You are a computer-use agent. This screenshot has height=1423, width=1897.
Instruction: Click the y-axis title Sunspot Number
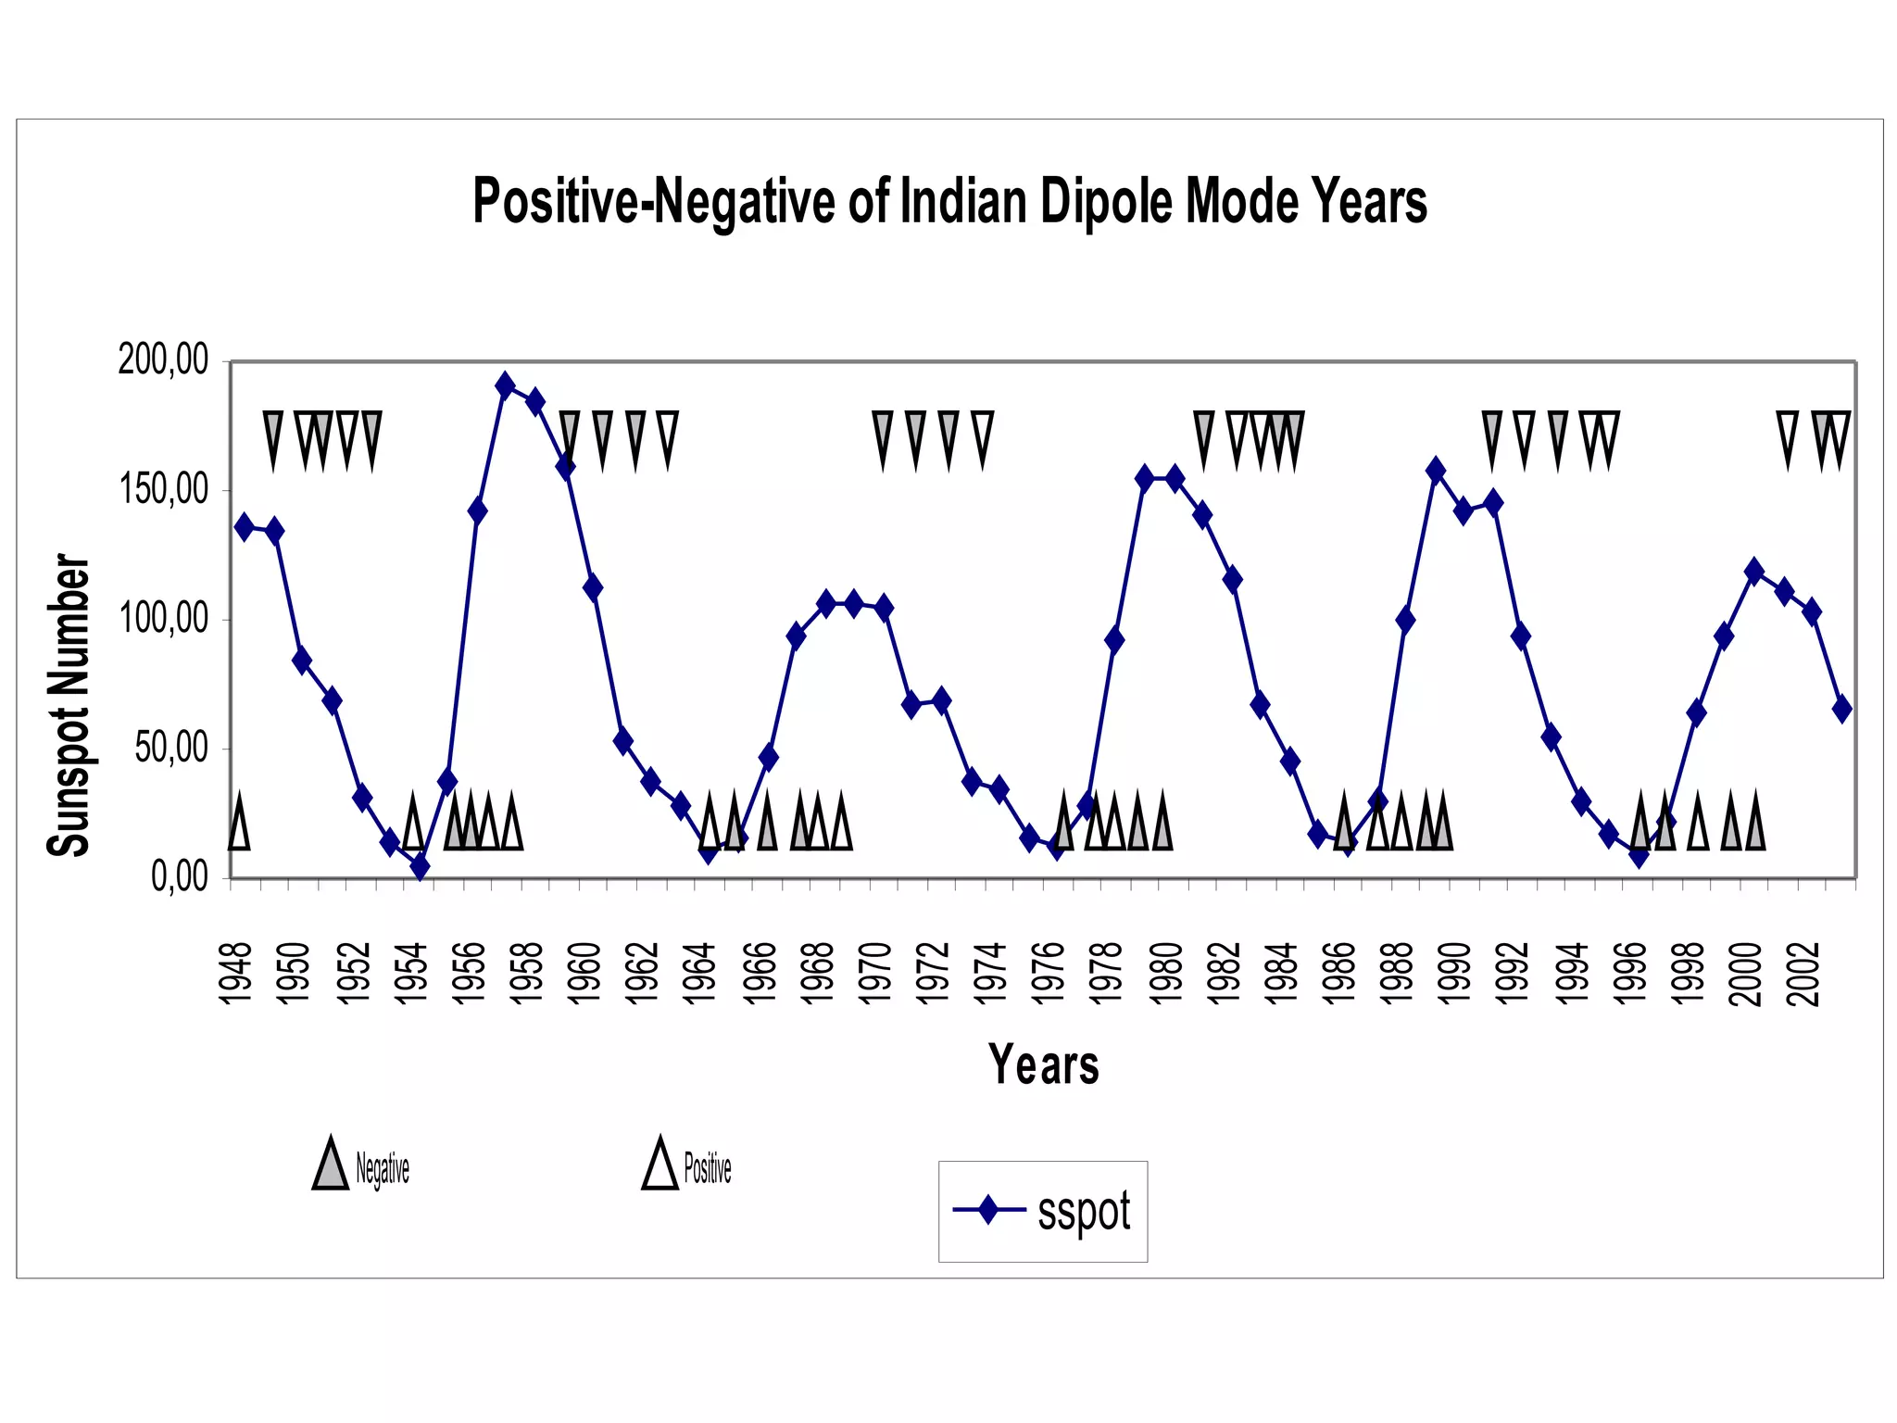tap(69, 706)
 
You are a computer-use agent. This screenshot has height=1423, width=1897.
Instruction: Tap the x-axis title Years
tap(1043, 1064)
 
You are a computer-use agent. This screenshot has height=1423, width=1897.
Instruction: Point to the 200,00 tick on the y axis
tap(164, 359)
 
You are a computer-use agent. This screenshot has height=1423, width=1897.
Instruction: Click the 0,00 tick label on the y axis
tap(180, 876)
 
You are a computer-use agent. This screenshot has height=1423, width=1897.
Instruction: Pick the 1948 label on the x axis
tap(235, 973)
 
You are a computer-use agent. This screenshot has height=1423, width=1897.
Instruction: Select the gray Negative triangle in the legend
tap(330, 1165)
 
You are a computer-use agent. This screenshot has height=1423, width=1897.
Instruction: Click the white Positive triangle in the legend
tap(660, 1165)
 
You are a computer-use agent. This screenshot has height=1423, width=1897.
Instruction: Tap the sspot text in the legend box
tap(1084, 1212)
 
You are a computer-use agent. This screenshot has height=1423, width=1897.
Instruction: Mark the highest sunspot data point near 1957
tap(505, 384)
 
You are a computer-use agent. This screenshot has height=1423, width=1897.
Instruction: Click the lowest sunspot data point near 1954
tap(421, 866)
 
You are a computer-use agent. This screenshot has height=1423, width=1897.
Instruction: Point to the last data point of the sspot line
tap(1841, 709)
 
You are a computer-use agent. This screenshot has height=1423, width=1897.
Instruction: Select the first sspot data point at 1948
tap(245, 527)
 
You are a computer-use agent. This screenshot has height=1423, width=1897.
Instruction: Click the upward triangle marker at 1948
tap(239, 822)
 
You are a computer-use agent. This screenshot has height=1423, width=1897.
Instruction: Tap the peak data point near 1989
tap(1436, 471)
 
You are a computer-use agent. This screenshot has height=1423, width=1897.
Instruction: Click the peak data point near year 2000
tap(1753, 571)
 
